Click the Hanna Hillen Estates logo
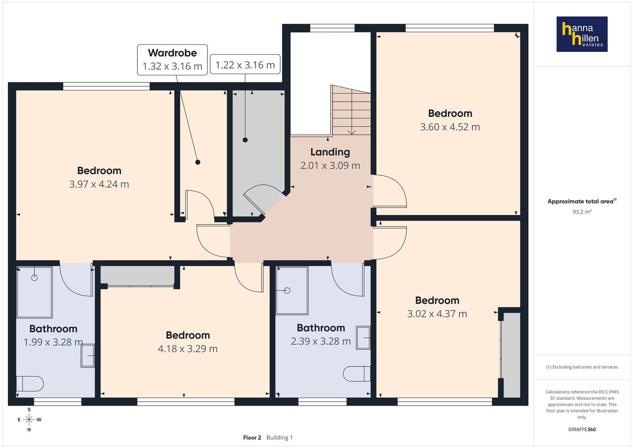(x=582, y=34)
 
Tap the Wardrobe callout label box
(x=172, y=60)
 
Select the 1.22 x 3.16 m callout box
(x=245, y=64)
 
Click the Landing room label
(x=330, y=152)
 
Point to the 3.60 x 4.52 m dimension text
(x=450, y=127)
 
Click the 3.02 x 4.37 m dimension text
(x=437, y=314)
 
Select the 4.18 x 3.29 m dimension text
(x=188, y=349)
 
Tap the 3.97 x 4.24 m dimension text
(x=99, y=184)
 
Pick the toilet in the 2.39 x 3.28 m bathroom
(x=357, y=374)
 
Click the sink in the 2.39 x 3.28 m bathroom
(x=363, y=338)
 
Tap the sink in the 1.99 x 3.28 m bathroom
(x=87, y=356)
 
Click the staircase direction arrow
(x=352, y=113)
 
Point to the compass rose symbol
(x=29, y=419)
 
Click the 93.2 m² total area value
(x=582, y=212)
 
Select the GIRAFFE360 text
(x=582, y=429)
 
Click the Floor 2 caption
(x=252, y=438)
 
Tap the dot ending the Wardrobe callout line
(x=198, y=162)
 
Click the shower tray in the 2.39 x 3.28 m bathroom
(x=292, y=290)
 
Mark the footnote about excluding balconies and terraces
(x=582, y=367)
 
